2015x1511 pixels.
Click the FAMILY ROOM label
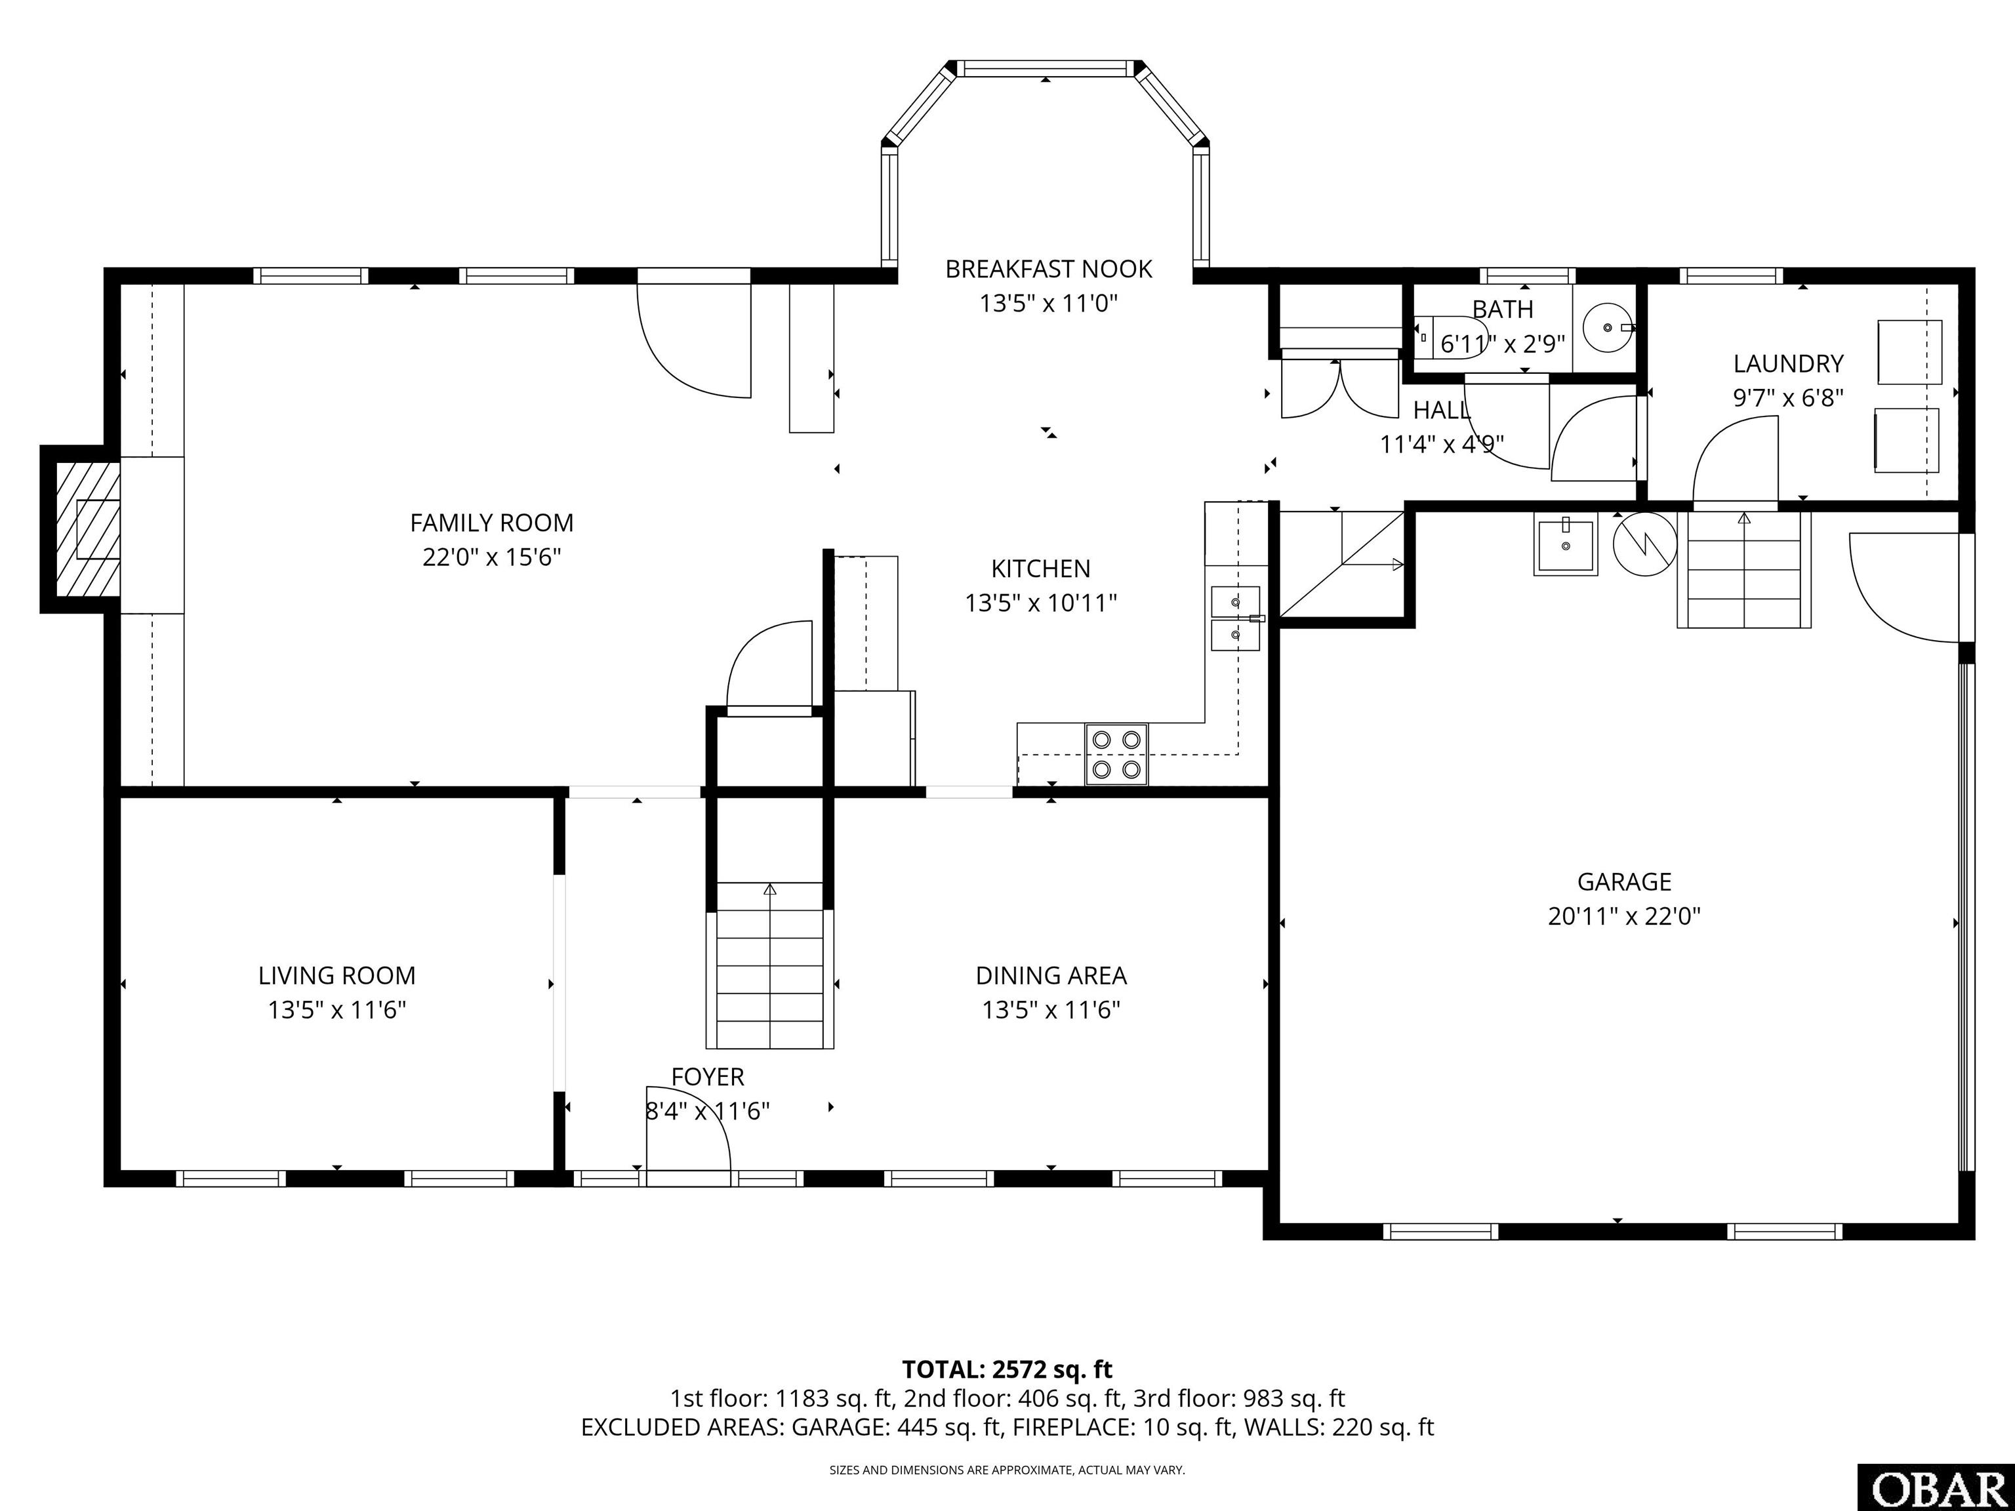491,523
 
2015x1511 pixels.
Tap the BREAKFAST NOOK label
1048,269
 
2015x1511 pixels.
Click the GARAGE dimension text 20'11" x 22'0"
1624,916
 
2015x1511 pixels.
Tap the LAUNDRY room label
1788,365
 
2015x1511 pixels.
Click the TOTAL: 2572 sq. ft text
1007,1369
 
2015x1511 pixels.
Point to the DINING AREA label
1051,975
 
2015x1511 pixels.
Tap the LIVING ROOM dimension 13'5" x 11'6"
337,1010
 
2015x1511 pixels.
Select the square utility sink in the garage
1566,546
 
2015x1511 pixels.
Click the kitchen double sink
1235,618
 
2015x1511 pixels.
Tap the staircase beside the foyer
771,965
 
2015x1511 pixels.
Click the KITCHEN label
1040,569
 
